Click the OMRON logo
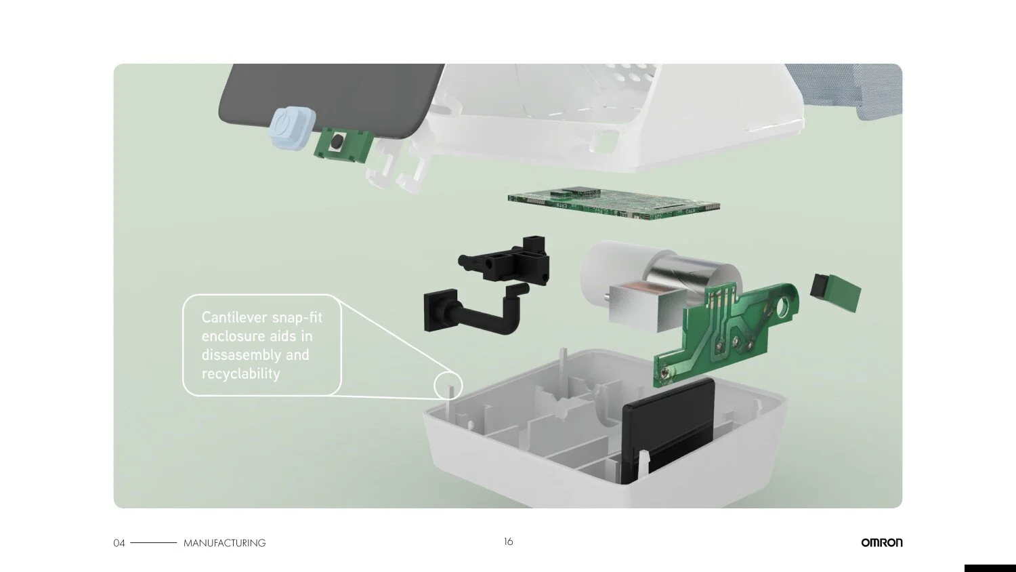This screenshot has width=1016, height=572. pyautogui.click(x=882, y=542)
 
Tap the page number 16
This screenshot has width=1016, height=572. pyautogui.click(x=508, y=542)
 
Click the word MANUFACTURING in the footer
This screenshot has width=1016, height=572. pyautogui.click(x=224, y=543)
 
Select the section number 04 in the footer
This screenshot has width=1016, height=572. pyautogui.click(x=119, y=543)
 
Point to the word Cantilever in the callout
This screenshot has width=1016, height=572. pyautogui.click(x=234, y=317)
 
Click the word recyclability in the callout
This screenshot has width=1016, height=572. pyautogui.click(x=241, y=373)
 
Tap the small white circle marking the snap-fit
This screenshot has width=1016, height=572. pyautogui.click(x=448, y=386)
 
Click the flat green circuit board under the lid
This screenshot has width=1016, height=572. pyautogui.click(x=614, y=204)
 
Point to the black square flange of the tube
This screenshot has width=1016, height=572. pyautogui.click(x=440, y=310)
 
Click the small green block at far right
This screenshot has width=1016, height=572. pyautogui.click(x=835, y=291)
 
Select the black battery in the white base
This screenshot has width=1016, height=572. pyautogui.click(x=666, y=431)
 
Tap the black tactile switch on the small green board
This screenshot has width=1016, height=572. pyautogui.click(x=336, y=142)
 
